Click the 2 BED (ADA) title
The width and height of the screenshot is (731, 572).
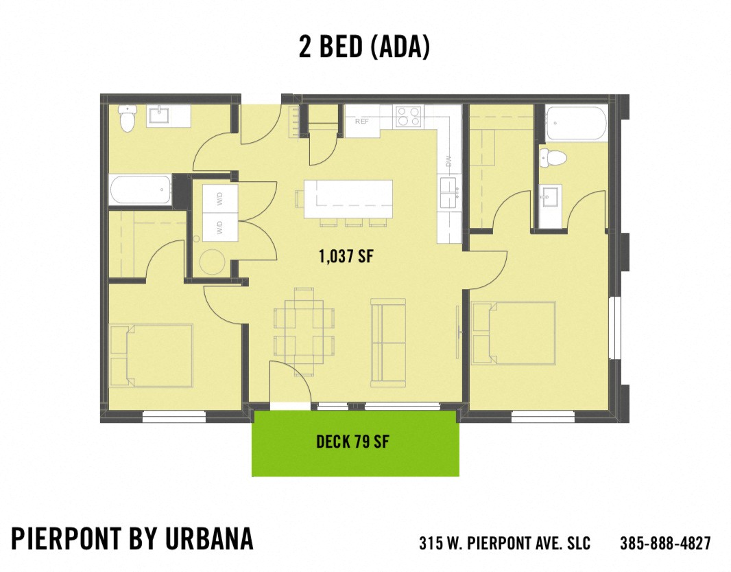(x=364, y=46)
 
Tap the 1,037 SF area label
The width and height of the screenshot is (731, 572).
(x=346, y=257)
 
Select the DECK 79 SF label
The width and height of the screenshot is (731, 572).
(x=352, y=442)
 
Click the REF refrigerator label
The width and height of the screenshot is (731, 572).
(x=362, y=122)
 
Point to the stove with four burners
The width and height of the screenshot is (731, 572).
(x=409, y=117)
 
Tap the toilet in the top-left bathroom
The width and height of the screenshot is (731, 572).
(x=127, y=119)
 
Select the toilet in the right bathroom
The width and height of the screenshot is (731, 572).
(x=553, y=158)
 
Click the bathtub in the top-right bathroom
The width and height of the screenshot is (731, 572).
(x=577, y=124)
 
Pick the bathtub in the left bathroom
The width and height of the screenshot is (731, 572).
(x=140, y=189)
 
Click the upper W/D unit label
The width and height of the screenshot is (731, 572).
(x=220, y=200)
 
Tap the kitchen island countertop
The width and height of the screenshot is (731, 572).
(x=348, y=198)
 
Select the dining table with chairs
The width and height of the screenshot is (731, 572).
(x=304, y=330)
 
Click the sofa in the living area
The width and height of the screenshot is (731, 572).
(x=388, y=341)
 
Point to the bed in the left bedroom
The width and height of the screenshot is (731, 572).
(x=151, y=355)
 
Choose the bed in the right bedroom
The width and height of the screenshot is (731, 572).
(x=514, y=332)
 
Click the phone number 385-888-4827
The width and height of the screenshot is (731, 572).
(x=665, y=543)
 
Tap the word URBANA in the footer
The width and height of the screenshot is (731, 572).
(x=210, y=540)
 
